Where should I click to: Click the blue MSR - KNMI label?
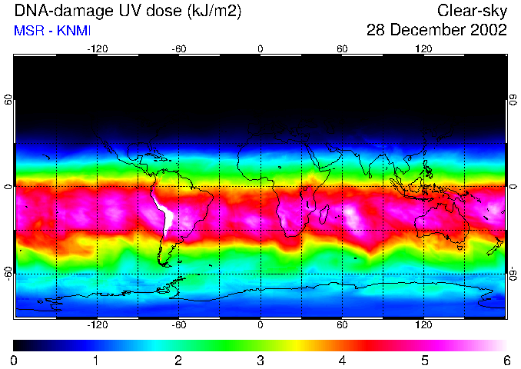click(52, 32)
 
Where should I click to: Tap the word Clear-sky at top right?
click(473, 12)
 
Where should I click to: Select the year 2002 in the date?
click(489, 31)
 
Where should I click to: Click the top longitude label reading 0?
click(260, 48)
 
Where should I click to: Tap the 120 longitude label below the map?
click(423, 325)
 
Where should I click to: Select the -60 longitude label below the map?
click(179, 325)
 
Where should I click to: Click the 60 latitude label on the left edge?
click(8, 101)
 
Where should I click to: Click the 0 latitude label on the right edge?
click(513, 187)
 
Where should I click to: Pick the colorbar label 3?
click(260, 360)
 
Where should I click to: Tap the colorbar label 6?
click(506, 360)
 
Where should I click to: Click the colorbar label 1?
click(96, 360)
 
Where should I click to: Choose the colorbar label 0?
click(15, 360)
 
